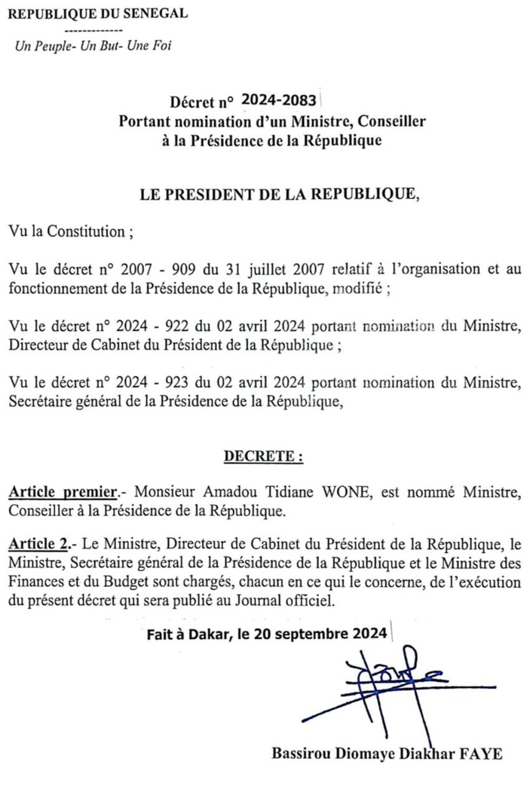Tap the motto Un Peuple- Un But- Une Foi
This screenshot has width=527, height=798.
coord(93,46)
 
